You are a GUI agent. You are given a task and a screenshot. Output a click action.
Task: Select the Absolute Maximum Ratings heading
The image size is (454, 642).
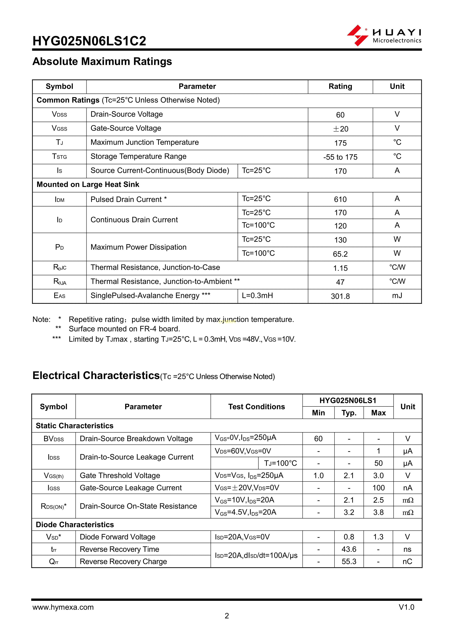102,61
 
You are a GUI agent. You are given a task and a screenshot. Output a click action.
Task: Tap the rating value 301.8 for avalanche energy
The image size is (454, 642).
340,296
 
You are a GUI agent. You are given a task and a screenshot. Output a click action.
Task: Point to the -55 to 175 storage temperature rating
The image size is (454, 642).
340,157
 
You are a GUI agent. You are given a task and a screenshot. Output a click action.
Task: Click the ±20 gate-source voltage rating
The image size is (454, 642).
340,129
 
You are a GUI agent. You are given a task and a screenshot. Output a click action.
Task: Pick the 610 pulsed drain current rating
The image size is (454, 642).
340,199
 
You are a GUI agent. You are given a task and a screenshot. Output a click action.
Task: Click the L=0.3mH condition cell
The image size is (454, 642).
257,296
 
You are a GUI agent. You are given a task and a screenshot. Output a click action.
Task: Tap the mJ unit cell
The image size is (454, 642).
397,296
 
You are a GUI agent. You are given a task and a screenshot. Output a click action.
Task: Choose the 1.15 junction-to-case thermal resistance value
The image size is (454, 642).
340,268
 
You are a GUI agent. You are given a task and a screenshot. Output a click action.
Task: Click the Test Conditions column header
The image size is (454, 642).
256,407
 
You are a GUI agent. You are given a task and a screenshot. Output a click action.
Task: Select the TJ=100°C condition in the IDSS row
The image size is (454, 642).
280,463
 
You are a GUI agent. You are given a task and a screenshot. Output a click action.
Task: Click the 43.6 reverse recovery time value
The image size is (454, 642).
349,549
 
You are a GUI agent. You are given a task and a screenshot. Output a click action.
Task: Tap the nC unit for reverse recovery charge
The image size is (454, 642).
407,561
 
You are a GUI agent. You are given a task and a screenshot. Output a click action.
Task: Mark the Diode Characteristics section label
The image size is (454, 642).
75,525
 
